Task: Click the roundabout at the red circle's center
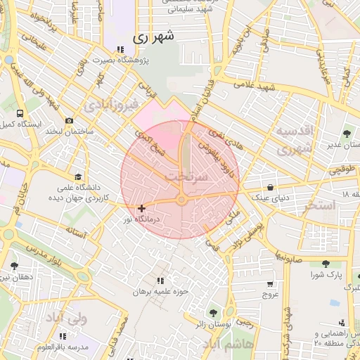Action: (x=181, y=200)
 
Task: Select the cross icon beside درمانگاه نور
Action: (x=142, y=208)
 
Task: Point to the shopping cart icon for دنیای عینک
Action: (x=270, y=187)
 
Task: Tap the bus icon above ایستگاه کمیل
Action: (x=20, y=112)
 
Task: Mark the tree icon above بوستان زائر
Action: (x=212, y=312)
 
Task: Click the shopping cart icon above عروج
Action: (x=270, y=284)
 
